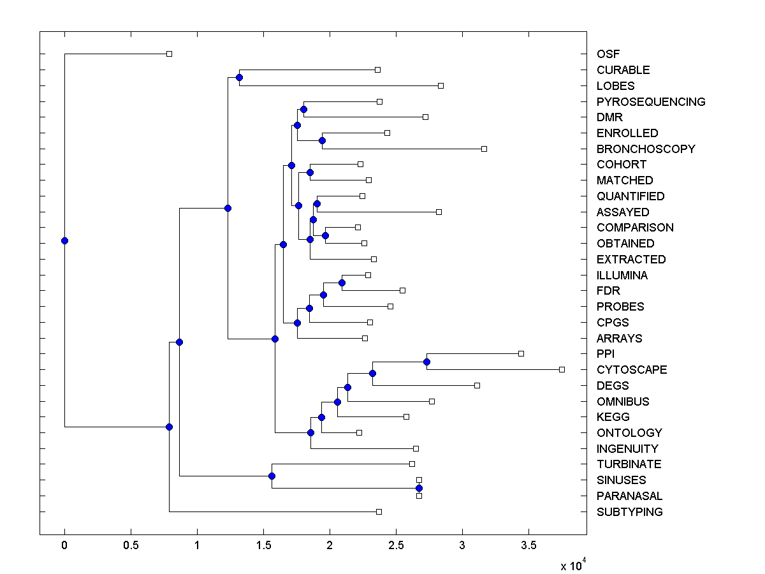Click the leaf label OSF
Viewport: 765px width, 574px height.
[x=608, y=54]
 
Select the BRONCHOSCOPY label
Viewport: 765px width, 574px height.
[x=645, y=149]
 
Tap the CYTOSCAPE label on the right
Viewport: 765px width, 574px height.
[x=631, y=370]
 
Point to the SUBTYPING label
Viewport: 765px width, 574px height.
[x=629, y=512]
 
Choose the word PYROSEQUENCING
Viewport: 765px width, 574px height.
[x=650, y=102]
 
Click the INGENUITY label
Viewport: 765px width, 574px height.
[x=627, y=449]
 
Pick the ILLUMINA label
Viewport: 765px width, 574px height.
[x=622, y=276]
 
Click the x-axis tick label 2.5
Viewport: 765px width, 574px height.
[x=396, y=546]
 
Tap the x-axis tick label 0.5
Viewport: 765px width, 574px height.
[x=131, y=546]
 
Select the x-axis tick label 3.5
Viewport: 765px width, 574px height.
[x=528, y=546]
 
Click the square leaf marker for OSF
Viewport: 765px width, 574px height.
[x=169, y=54]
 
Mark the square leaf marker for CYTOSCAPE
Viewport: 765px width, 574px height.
[x=562, y=369]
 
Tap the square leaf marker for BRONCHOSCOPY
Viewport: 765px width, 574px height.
[x=484, y=149]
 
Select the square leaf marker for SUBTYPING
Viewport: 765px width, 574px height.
[x=379, y=511]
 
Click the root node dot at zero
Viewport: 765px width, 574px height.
[x=64, y=240]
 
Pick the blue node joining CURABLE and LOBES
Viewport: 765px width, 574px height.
[x=239, y=78]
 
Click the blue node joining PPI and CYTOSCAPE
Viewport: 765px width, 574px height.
[x=426, y=362]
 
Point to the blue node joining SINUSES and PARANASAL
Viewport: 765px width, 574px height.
[x=419, y=488]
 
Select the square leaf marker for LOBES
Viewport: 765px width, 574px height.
[x=441, y=85]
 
